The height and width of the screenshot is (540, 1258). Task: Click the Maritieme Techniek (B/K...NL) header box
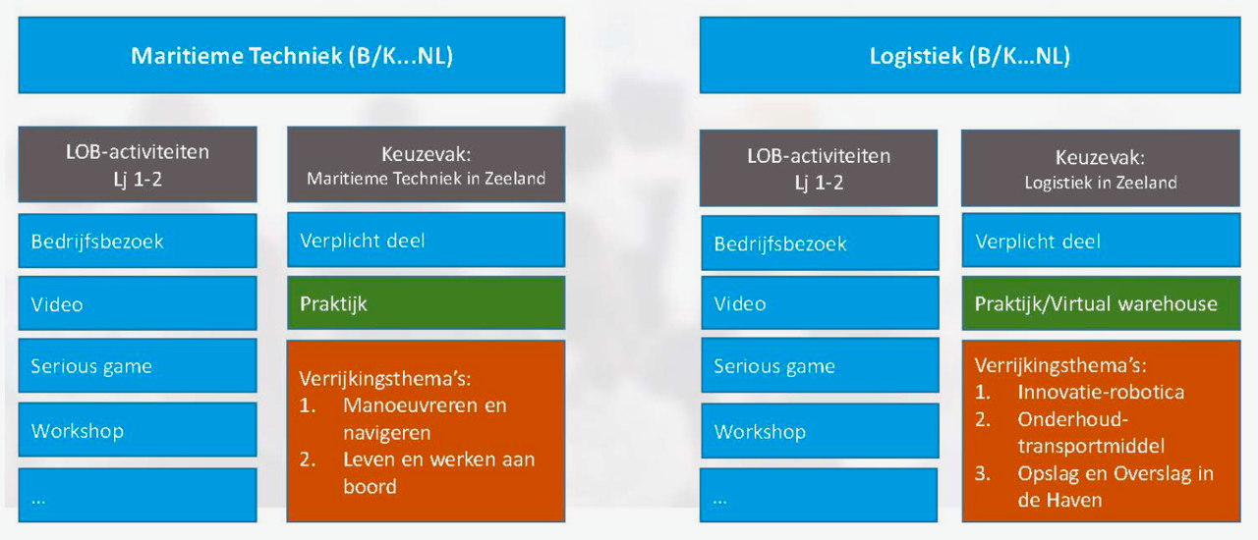(292, 55)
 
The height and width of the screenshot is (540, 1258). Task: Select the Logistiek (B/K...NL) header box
(970, 55)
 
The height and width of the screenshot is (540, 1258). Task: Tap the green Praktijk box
(427, 302)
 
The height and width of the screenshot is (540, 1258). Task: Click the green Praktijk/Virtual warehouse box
(1101, 303)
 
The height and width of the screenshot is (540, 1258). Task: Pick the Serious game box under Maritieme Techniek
(138, 365)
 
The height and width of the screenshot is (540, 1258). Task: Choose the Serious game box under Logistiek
(820, 365)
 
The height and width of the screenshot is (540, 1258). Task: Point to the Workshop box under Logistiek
(820, 431)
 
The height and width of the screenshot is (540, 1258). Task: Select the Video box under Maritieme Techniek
(138, 303)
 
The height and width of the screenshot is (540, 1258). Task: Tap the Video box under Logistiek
(820, 302)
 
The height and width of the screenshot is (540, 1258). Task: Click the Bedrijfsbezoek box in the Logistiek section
(820, 243)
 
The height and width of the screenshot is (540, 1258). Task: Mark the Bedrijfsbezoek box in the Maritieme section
(138, 241)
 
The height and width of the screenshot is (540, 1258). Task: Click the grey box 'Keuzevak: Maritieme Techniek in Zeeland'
(427, 165)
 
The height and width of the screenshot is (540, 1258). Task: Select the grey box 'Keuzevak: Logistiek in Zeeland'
(1101, 168)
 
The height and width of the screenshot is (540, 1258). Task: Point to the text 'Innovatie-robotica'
(1101, 392)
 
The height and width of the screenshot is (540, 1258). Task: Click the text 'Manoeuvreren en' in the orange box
(425, 405)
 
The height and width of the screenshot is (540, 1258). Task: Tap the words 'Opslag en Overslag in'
(1115, 474)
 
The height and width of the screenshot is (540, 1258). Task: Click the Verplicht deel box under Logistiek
(1101, 241)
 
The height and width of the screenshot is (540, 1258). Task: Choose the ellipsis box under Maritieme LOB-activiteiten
(138, 495)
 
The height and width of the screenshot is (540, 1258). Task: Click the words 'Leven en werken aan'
(438, 459)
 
